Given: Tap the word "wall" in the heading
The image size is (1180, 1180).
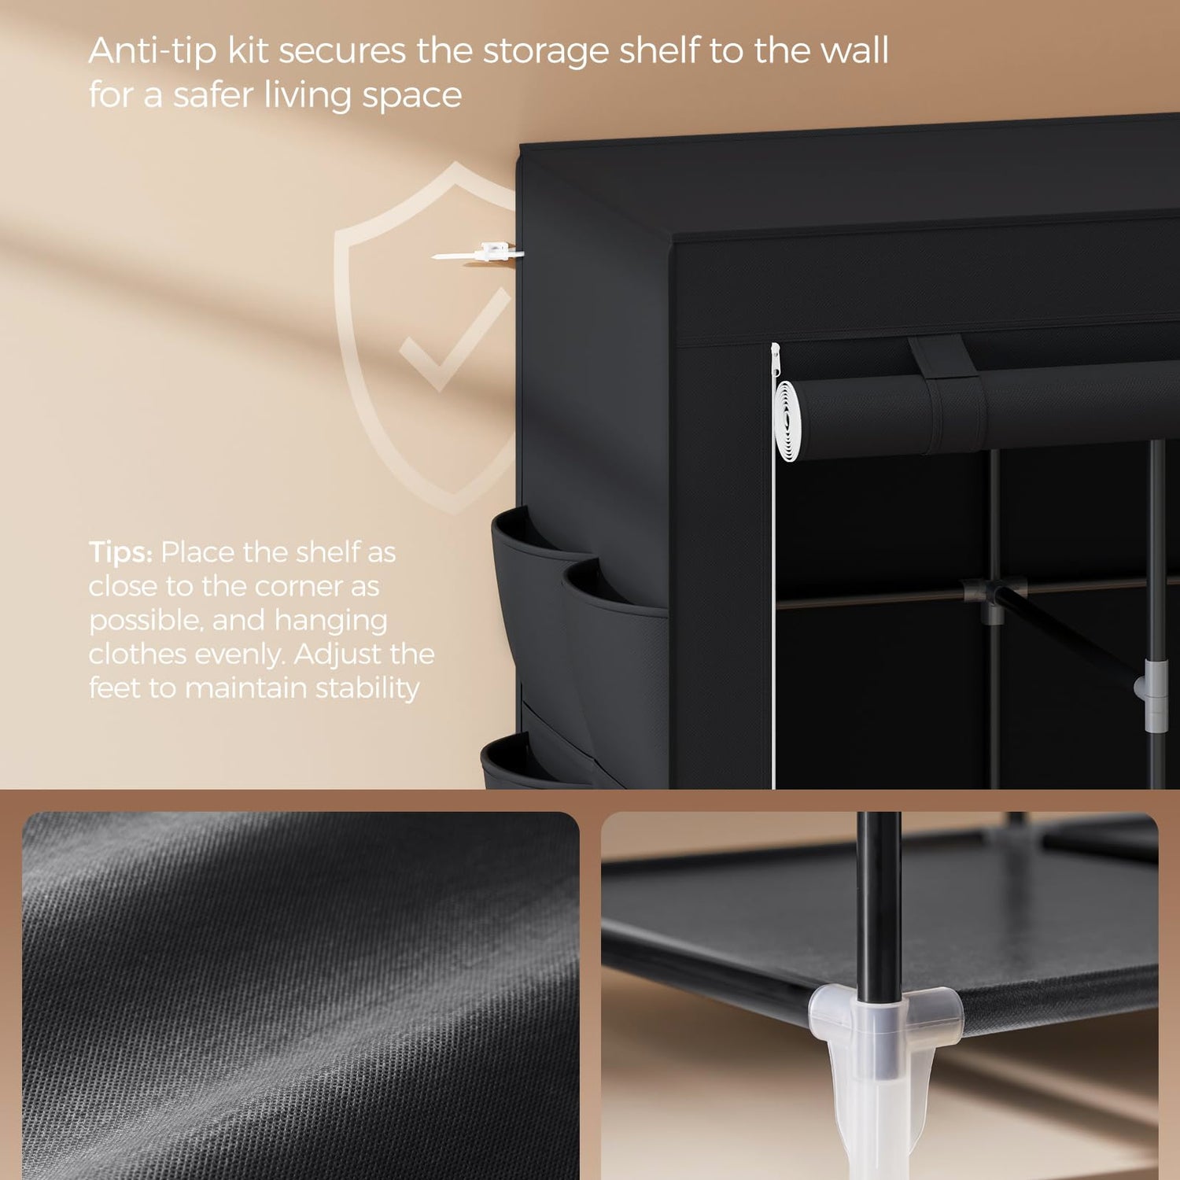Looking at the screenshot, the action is click(x=855, y=50).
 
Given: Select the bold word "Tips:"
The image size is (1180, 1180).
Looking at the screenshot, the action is click(x=120, y=552).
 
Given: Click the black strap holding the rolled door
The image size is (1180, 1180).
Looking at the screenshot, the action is click(x=948, y=385).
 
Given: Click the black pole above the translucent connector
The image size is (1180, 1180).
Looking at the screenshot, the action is click(x=879, y=905).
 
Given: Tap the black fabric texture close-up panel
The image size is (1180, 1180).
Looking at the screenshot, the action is click(x=301, y=995).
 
